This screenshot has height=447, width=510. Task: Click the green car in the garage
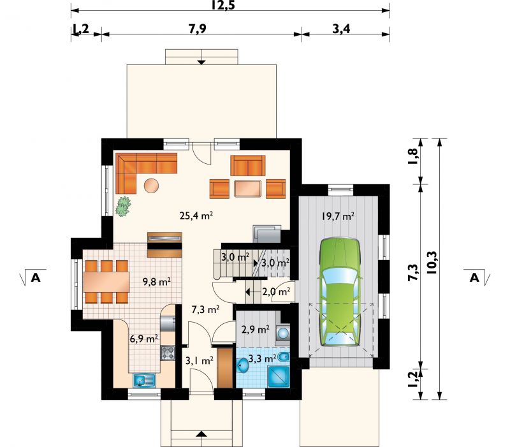tap(340, 292)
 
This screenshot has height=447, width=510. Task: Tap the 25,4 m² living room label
tap(196, 216)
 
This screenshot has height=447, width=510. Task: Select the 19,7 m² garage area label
tap(338, 216)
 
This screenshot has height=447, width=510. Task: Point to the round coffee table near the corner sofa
tap(151, 186)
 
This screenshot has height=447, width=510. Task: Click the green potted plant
tap(123, 206)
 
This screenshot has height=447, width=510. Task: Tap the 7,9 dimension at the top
tap(198, 29)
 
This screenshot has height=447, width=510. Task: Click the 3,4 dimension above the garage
tap(341, 29)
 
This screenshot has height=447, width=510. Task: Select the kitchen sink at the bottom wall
tap(145, 380)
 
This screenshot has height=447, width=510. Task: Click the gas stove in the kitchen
tap(168, 353)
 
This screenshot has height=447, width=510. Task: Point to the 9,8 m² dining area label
tap(157, 282)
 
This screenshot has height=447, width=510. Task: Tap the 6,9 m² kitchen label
tap(144, 339)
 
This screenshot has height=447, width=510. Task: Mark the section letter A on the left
tap(36, 278)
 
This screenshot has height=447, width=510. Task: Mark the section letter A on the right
tap(474, 278)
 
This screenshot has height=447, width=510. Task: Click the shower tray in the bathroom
tap(279, 376)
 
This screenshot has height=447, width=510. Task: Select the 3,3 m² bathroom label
tap(263, 359)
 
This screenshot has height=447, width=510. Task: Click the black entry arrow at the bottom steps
tap(201, 434)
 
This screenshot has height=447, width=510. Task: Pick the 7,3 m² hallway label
tap(205, 309)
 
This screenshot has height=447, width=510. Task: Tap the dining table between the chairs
tap(106, 282)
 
